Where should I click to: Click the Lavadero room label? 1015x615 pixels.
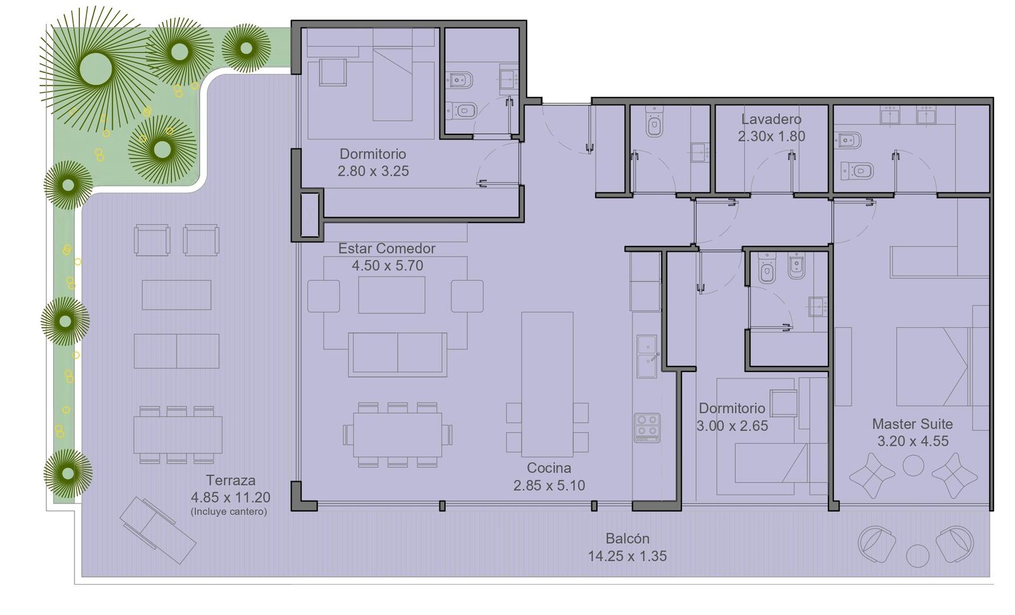click(x=771, y=120)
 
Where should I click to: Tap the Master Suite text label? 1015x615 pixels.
click(x=912, y=424)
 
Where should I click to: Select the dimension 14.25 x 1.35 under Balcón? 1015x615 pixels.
click(x=627, y=556)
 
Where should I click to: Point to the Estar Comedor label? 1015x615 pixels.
click(x=386, y=249)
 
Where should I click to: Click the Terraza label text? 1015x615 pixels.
click(x=231, y=480)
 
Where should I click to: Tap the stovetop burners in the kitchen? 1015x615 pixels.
click(x=647, y=427)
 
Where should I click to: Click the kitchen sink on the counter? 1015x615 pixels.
click(x=647, y=356)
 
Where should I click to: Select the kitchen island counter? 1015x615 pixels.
click(x=547, y=384)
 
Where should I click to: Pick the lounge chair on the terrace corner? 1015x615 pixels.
click(x=158, y=530)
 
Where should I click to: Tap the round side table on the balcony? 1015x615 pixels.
click(x=917, y=555)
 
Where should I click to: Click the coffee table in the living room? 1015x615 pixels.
click(x=391, y=295)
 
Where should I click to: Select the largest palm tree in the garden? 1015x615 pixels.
click(x=96, y=69)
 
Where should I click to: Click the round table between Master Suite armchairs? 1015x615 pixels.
click(x=913, y=465)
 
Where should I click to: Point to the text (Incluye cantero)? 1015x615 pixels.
click(x=229, y=512)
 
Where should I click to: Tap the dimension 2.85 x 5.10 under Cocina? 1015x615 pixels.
click(x=549, y=486)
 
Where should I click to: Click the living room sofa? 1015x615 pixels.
click(x=397, y=354)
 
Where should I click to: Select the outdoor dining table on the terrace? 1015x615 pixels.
click(x=178, y=435)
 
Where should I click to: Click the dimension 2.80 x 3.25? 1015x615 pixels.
click(x=373, y=171)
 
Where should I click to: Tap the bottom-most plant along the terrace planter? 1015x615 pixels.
click(x=68, y=474)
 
